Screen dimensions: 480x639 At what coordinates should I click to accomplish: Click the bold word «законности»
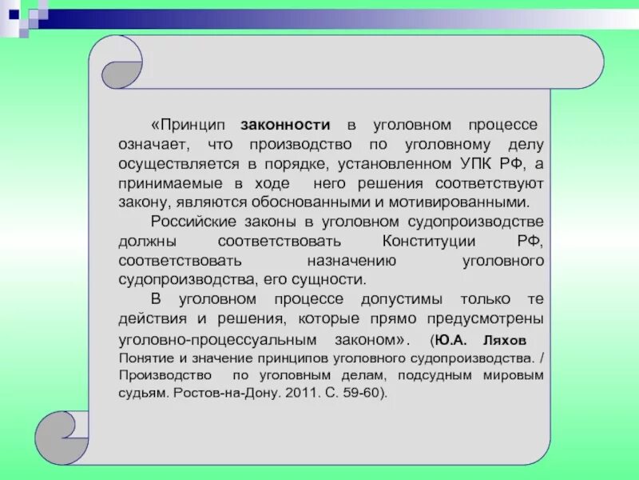coord(285,126)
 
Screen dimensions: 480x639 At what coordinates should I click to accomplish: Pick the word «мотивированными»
coord(474,203)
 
